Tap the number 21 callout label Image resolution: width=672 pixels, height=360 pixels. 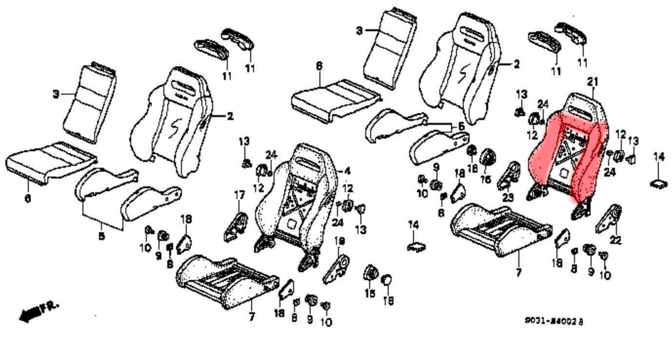tap(593, 82)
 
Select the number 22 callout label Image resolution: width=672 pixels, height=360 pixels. tap(616, 240)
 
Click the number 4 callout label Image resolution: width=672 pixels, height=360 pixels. tap(347, 171)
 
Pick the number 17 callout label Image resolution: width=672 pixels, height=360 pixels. tap(239, 195)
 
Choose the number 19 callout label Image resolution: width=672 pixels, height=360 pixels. tap(340, 241)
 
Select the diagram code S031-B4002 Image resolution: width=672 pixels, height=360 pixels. tap(553, 321)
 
